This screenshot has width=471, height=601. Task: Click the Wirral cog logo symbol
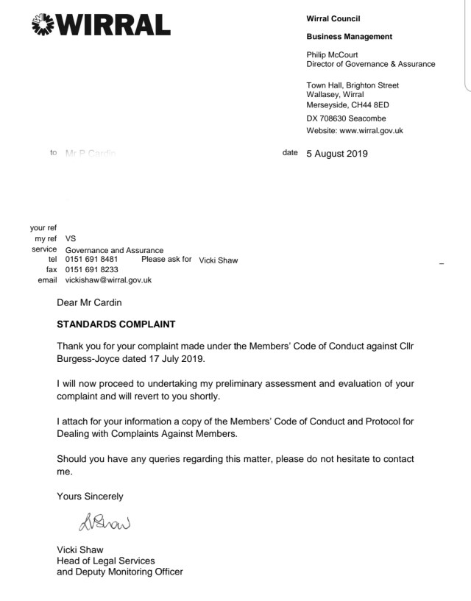click(46, 25)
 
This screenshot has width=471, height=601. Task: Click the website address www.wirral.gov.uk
click(371, 131)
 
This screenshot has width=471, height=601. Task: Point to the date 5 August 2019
click(336, 154)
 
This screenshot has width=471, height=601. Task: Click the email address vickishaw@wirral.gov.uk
click(108, 280)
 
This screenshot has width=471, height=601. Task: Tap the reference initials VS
click(71, 238)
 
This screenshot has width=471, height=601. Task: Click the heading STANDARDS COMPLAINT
click(116, 324)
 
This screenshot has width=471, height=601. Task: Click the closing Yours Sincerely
click(90, 497)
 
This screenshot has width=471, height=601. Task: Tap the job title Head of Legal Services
click(105, 561)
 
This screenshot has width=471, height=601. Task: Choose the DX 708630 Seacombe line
click(346, 118)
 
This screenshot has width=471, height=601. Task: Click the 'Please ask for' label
click(166, 259)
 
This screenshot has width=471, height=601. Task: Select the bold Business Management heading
click(349, 37)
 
